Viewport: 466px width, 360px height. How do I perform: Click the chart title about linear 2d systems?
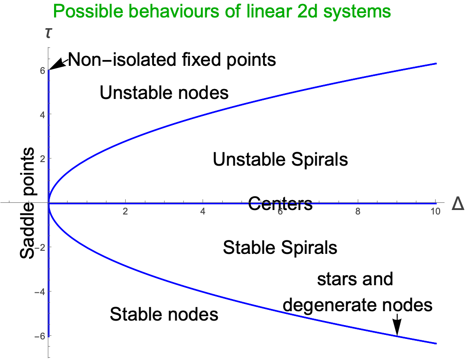222,11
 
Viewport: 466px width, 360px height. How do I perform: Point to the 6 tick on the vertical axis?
42,70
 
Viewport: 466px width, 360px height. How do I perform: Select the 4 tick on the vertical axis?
42,114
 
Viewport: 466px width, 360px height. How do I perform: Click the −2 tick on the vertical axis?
39,247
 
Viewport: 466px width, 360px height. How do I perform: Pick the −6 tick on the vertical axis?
39,336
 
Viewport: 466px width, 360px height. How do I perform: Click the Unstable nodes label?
164,93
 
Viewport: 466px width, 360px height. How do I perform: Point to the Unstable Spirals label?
280,159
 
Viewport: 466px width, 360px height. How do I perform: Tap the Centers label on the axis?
280,204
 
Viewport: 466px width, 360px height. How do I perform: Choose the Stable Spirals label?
280,247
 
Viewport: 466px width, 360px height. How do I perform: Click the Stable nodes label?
164,314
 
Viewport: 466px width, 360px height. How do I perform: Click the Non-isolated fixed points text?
172,59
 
